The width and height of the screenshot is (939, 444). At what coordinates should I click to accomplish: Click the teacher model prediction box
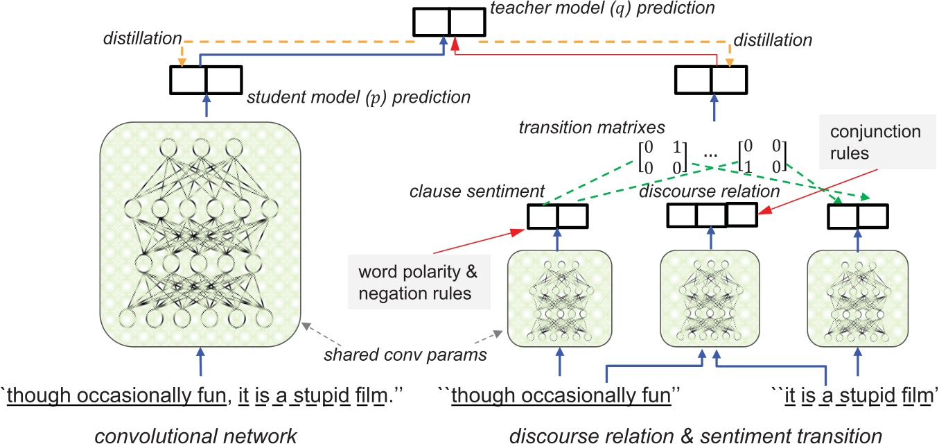(x=449, y=22)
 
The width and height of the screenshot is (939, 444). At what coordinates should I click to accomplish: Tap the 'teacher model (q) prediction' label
(x=602, y=8)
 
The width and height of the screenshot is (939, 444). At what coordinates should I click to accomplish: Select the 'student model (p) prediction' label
(x=358, y=97)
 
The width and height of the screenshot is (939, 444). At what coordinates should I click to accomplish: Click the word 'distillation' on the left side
(x=143, y=39)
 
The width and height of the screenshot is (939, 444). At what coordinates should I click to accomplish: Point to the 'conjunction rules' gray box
(x=877, y=142)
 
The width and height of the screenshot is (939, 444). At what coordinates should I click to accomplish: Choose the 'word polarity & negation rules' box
(x=419, y=282)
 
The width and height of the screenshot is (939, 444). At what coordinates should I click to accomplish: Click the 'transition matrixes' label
(x=592, y=128)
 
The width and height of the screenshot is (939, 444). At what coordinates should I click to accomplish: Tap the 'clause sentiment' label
(x=477, y=191)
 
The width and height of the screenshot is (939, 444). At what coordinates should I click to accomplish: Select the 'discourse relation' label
(x=710, y=191)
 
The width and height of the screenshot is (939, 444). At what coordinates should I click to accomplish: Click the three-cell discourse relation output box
(x=712, y=215)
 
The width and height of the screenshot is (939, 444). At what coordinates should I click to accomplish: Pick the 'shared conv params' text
(x=405, y=355)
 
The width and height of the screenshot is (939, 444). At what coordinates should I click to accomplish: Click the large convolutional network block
(x=200, y=234)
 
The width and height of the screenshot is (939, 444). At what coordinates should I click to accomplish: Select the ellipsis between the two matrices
(x=710, y=155)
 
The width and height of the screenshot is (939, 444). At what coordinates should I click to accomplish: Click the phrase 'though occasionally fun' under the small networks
(x=561, y=395)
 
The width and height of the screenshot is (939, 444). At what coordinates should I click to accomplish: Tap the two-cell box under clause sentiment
(x=558, y=216)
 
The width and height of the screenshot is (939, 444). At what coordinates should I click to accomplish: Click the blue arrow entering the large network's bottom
(x=201, y=361)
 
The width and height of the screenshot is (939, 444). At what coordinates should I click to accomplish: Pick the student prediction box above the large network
(x=206, y=80)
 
